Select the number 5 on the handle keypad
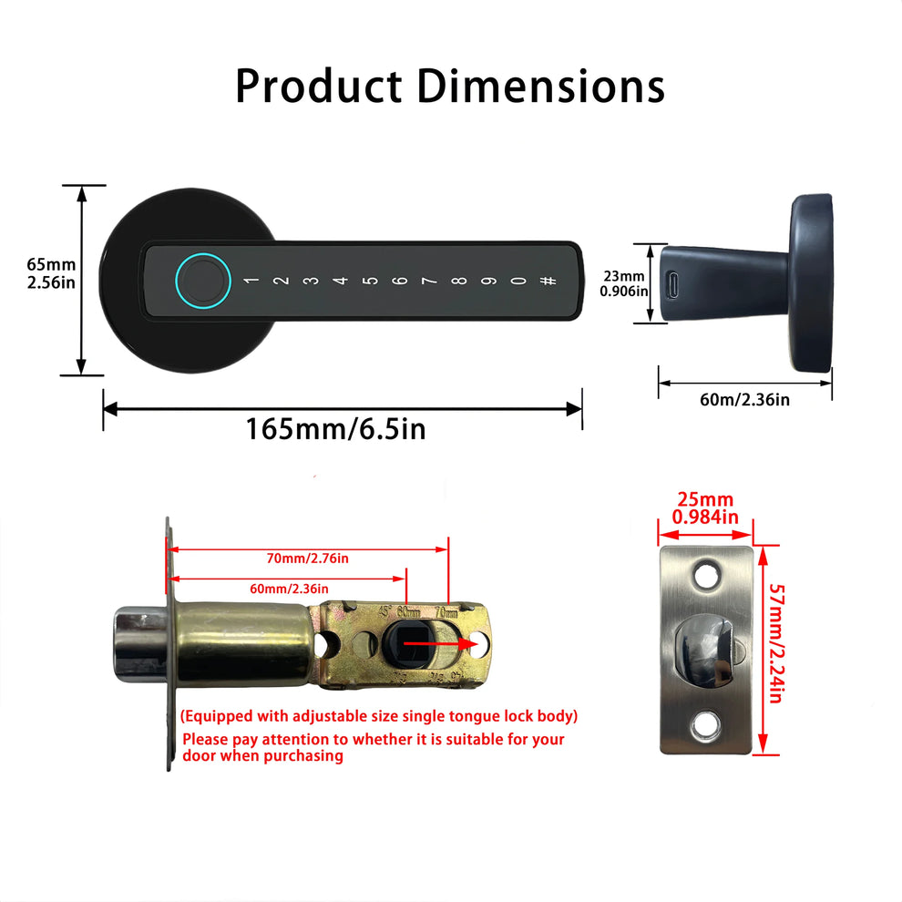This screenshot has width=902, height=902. click(369, 281)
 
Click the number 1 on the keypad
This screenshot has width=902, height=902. click(252, 281)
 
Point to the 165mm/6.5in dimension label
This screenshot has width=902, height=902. click(335, 428)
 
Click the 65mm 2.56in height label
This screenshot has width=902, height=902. click(50, 273)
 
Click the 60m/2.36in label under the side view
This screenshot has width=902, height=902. click(744, 400)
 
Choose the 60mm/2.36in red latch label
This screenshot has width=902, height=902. click(289, 589)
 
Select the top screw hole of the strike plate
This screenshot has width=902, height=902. click(704, 575)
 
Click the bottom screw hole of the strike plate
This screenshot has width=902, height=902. click(704, 726)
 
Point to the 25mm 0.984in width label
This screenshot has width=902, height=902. click(703, 508)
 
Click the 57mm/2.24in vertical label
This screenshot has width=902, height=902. click(775, 643)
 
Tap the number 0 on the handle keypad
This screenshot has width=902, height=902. click(518, 281)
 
